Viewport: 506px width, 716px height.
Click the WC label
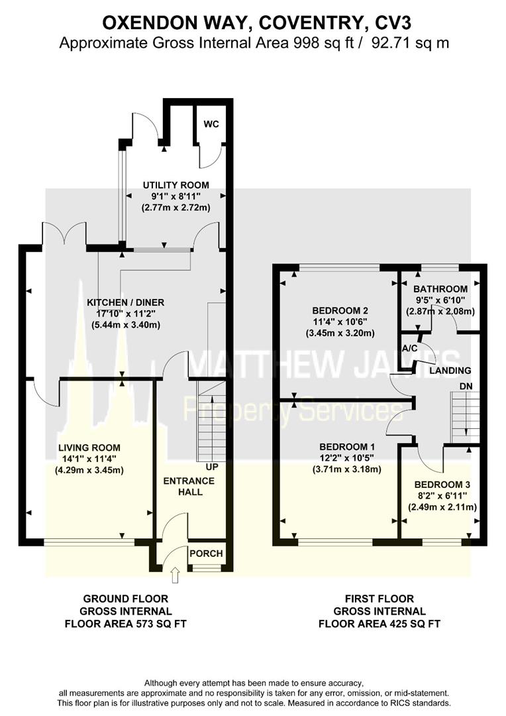(x=211, y=124)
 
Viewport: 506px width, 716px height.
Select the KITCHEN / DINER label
(x=126, y=302)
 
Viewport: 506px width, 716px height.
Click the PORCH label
(x=206, y=554)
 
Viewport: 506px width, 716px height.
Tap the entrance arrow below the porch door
(x=175, y=575)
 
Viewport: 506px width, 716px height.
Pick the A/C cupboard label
(x=410, y=348)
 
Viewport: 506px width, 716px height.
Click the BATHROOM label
(x=440, y=289)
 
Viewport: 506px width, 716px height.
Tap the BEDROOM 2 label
(x=335, y=310)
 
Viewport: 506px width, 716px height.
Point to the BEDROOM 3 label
(x=442, y=483)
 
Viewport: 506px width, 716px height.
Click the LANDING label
(x=450, y=371)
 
